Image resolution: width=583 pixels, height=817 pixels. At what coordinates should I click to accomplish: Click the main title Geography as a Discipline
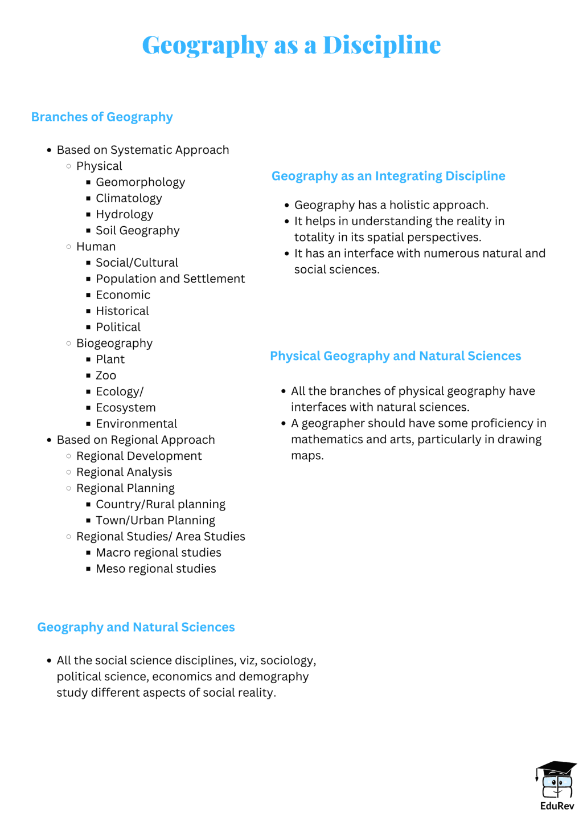pos(291,44)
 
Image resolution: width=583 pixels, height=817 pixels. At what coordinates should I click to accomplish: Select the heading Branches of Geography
pos(102,117)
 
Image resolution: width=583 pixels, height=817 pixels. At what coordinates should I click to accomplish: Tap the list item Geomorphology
pos(140,182)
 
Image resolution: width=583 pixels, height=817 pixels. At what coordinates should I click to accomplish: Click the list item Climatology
pos(129,198)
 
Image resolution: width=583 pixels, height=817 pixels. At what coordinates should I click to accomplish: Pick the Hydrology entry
pos(124,214)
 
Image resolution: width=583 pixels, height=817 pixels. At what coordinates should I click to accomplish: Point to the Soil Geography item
pos(137,230)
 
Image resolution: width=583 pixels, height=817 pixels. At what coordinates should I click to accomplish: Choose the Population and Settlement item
pos(170,279)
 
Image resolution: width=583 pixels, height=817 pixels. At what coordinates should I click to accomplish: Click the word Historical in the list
pos(122,311)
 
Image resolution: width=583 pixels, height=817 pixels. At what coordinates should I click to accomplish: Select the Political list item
pos(118,327)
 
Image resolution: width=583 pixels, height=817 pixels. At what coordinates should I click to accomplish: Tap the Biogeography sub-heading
pos(114,343)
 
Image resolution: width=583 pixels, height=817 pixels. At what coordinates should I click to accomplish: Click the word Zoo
pos(106,375)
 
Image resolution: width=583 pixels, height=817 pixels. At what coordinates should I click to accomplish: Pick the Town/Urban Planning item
pos(155,520)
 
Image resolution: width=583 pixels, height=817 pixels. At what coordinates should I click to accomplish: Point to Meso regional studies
pos(155,569)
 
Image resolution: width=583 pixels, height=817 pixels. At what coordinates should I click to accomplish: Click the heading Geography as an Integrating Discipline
pos(388,176)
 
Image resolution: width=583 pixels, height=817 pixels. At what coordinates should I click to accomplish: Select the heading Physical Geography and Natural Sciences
pos(395,356)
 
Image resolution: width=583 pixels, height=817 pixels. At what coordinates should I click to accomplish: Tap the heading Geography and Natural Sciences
pos(136,627)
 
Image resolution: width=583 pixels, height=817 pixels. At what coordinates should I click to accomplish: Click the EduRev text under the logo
pos(557,806)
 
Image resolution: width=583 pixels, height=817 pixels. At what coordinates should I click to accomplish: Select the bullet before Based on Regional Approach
pos(50,440)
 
